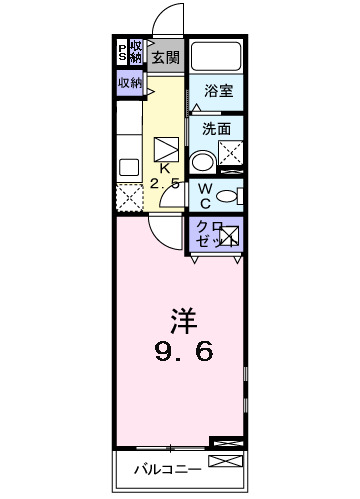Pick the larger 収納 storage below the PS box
point(130,83)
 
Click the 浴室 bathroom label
point(218,89)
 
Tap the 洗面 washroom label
point(216,128)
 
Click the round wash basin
point(202,161)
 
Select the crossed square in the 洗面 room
point(232,154)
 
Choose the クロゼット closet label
point(207,236)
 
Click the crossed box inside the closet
point(229,238)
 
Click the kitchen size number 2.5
point(165,185)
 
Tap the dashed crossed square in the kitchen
point(129,197)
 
